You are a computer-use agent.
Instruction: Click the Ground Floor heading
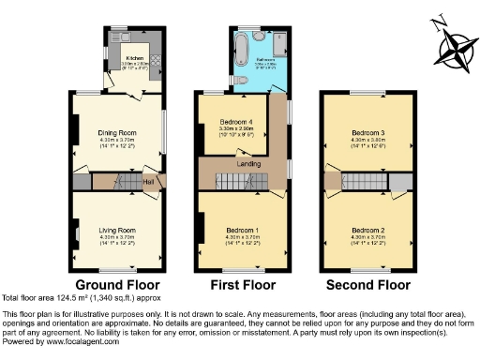pos(119,284)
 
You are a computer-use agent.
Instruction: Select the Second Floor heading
pos(367,284)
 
